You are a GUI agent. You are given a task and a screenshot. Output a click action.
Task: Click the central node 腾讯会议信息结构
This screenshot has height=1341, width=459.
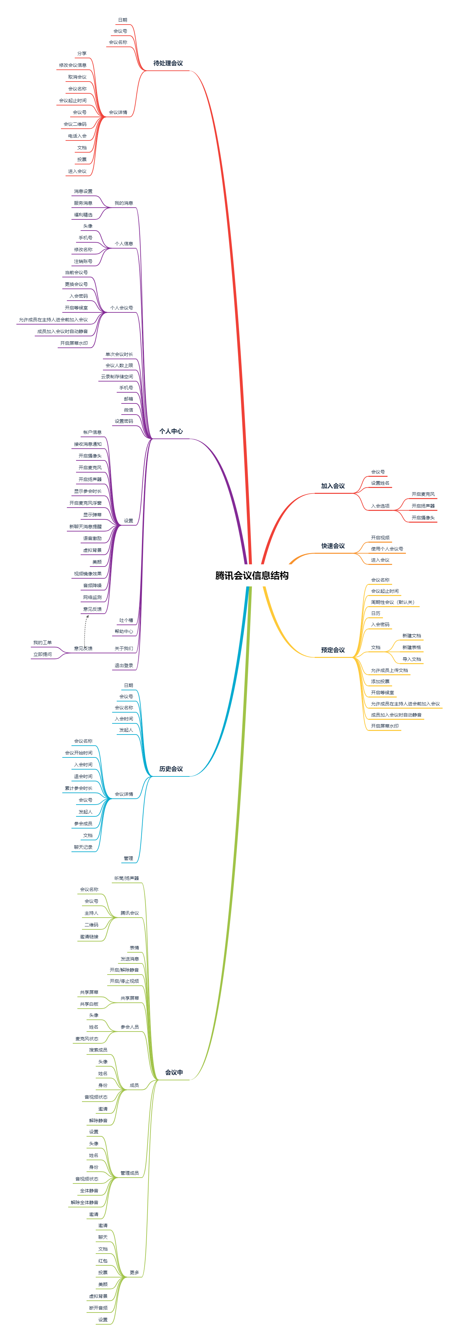coord(252,575)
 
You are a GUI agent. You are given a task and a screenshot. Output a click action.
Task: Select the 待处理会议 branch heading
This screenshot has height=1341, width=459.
coord(168,64)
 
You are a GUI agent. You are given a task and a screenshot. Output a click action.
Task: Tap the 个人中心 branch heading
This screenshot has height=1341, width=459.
coord(171,432)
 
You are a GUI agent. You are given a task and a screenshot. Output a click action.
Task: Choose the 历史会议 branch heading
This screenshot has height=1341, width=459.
coord(171,769)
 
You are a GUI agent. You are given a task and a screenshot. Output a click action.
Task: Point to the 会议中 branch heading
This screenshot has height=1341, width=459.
coord(174,1072)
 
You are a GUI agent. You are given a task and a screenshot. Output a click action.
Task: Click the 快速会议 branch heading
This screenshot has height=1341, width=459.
coord(333,546)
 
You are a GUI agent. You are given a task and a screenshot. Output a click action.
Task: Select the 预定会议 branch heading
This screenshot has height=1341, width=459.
coord(333,650)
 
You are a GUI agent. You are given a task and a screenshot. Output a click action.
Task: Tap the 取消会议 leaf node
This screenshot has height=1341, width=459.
coord(77,77)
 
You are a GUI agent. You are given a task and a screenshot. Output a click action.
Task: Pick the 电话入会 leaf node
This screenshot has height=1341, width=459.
coord(77,136)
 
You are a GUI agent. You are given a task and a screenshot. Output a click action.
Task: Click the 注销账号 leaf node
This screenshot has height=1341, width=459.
coord(83,261)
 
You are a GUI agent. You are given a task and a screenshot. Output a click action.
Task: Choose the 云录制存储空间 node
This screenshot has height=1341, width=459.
coord(117,376)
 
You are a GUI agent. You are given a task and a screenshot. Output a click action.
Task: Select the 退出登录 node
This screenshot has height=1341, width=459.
coord(124,665)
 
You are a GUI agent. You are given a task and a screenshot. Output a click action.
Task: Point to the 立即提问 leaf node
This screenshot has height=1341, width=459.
coord(43,654)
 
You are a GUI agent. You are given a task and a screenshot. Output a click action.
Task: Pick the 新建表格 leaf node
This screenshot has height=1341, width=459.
coord(411,648)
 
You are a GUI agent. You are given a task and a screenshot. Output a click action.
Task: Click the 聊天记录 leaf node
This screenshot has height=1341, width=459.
coord(83,847)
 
